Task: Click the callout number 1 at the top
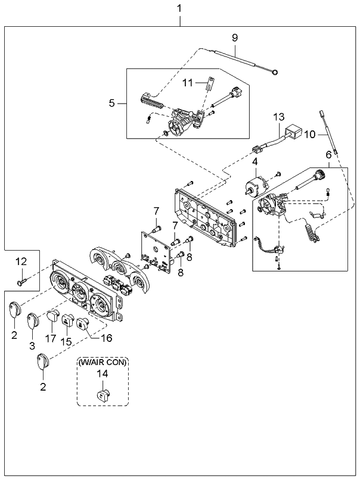click(x=179, y=8)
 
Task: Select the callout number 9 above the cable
click(x=235, y=38)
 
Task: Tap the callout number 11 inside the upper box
click(x=188, y=83)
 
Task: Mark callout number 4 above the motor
click(x=255, y=161)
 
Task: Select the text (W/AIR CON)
click(x=103, y=362)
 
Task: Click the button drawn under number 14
click(x=103, y=394)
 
